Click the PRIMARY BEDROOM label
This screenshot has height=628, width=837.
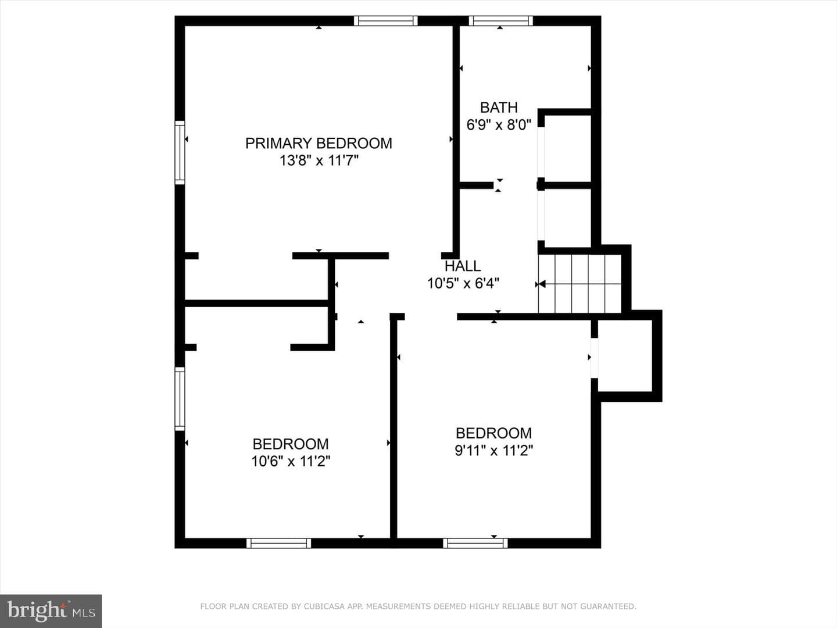[319, 144]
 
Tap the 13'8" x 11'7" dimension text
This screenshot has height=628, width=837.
[319, 160]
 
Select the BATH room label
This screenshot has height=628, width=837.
[499, 108]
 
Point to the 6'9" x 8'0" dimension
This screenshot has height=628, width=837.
[499, 124]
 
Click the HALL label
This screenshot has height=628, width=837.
[463, 266]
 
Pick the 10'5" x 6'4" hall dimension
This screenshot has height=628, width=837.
[463, 283]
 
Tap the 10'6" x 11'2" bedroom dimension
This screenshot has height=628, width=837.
[291, 461]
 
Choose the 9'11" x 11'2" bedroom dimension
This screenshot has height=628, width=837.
[494, 451]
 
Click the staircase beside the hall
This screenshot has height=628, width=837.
[580, 284]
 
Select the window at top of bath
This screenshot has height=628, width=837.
[500, 20]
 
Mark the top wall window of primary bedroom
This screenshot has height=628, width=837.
[385, 20]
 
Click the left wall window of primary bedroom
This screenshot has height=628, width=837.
[180, 152]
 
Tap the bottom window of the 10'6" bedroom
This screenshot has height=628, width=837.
[279, 543]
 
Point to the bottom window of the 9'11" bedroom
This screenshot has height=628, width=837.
[475, 543]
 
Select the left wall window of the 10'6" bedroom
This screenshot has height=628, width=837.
[180, 399]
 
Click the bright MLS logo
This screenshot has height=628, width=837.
[51, 611]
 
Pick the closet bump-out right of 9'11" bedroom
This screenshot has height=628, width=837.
[626, 356]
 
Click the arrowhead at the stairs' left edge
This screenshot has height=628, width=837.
[542, 284]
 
